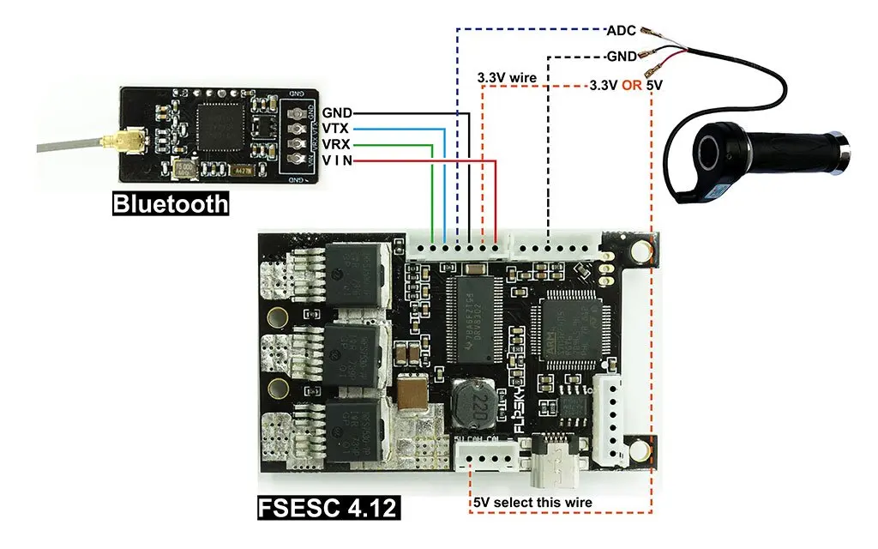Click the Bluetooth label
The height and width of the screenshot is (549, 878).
(171, 204)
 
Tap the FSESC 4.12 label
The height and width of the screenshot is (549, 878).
(328, 507)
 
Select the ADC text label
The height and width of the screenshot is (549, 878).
(621, 31)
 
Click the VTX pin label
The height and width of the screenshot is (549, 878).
(337, 129)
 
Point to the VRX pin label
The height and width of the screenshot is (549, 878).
(337, 144)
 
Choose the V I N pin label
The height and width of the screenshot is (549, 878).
(337, 160)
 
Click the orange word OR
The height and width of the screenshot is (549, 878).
(633, 87)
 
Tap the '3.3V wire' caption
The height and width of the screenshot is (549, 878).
(507, 78)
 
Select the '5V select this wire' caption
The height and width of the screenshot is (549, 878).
(532, 502)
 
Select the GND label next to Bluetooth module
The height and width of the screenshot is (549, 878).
(337, 112)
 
